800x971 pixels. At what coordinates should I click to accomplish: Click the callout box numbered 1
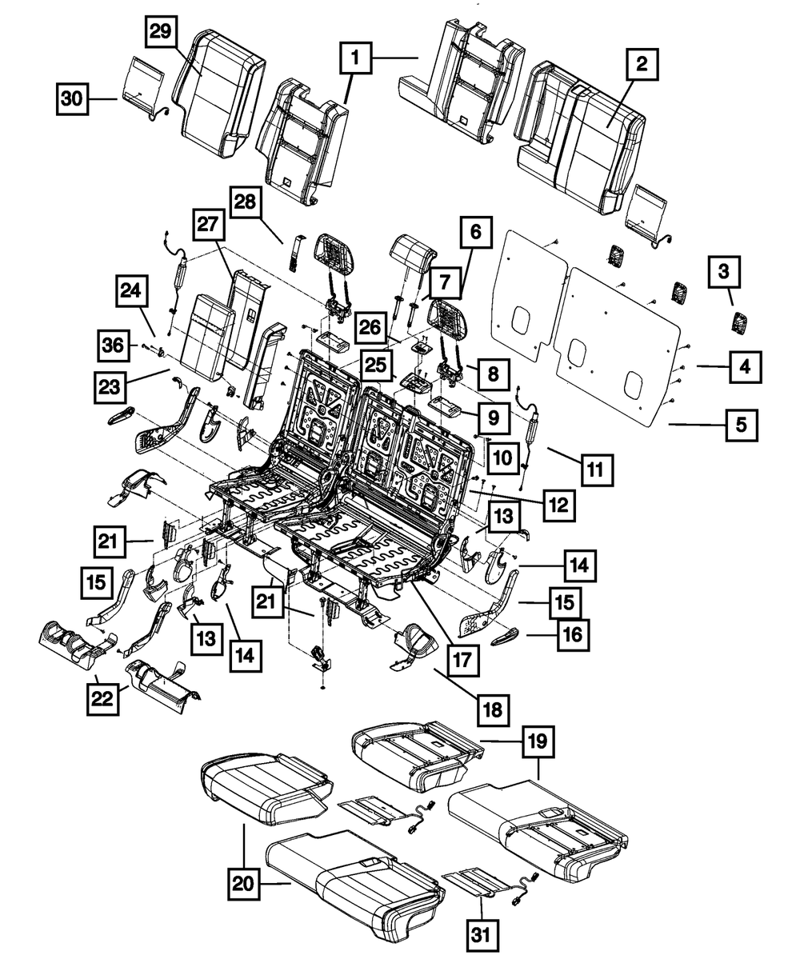(x=357, y=58)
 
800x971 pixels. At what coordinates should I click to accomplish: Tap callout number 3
(x=723, y=273)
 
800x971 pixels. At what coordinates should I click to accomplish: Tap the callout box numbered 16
(x=573, y=636)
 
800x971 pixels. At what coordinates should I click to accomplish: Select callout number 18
(x=494, y=707)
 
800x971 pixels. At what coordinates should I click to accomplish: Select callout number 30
(x=73, y=99)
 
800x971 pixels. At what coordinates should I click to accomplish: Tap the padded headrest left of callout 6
(x=413, y=253)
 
